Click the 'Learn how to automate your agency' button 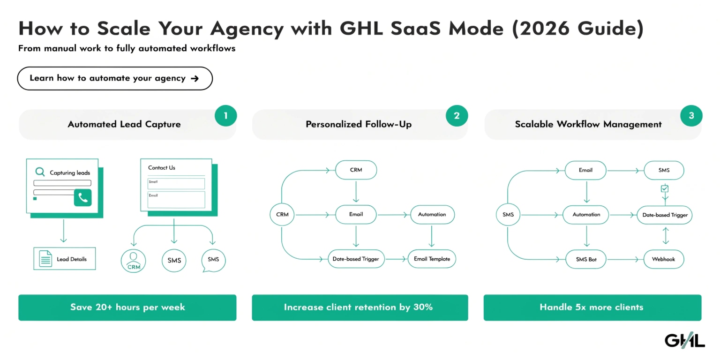point(115,78)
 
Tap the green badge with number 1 point(225,115)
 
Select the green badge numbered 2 point(457,115)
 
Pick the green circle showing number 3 point(691,115)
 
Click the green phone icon point(83,198)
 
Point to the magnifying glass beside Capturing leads point(40,172)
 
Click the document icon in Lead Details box point(45,259)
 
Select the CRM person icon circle point(134,261)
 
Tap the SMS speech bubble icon point(213,260)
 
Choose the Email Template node point(432,259)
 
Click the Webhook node point(663,259)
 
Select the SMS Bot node point(586,259)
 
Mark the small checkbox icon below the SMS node point(664,188)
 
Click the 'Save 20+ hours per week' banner point(127,307)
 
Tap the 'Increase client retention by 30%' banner point(360,307)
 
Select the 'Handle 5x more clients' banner point(592,307)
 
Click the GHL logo point(684,340)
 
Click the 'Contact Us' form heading point(162,168)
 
